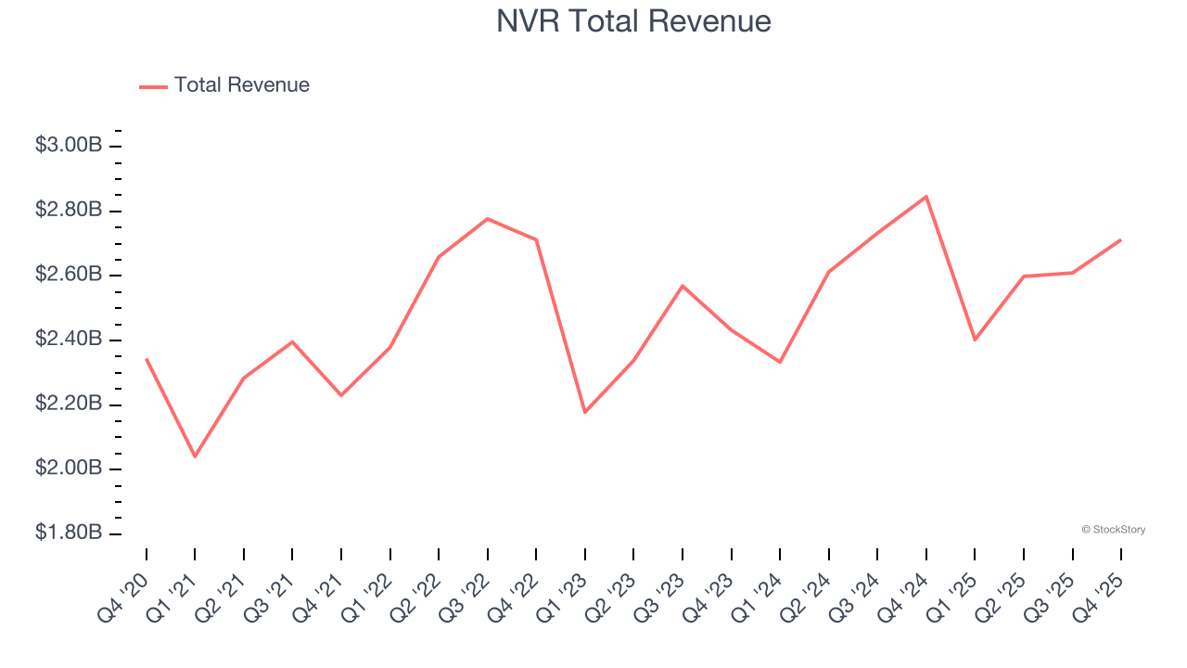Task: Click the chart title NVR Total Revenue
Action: coord(633,21)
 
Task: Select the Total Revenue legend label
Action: coord(241,85)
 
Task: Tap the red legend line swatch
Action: coord(153,86)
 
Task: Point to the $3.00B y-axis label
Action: coord(69,146)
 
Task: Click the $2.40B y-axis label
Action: coord(69,340)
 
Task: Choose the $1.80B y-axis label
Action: coord(69,533)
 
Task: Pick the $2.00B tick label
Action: coord(69,469)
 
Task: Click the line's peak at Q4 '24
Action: coord(925,197)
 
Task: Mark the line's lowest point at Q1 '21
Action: coord(195,456)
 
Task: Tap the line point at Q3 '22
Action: coord(488,219)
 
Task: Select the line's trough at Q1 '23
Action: coord(585,412)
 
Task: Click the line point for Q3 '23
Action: coord(683,286)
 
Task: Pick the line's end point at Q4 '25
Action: coord(1120,240)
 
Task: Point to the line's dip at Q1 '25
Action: coord(975,340)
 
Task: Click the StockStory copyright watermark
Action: coord(1113,530)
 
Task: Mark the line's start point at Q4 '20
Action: coord(147,359)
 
